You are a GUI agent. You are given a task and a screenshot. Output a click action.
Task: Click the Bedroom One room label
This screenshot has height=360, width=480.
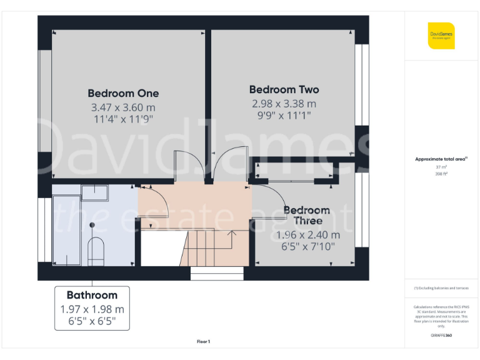pyautogui.click(x=123, y=93)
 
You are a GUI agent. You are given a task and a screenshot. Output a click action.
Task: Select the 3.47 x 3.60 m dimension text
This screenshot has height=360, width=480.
pyautogui.click(x=123, y=107)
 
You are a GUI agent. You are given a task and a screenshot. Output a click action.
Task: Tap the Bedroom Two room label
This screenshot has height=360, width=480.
pyautogui.click(x=284, y=89)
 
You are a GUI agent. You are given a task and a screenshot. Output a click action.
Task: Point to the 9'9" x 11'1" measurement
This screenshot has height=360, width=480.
pyautogui.click(x=284, y=116)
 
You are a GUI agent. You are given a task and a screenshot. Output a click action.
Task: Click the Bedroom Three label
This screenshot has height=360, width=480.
pyautogui.click(x=307, y=215)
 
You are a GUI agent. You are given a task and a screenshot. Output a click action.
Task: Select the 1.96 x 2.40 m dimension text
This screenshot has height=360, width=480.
pyautogui.click(x=307, y=235)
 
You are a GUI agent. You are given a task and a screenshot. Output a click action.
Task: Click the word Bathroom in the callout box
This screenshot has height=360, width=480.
pyautogui.click(x=92, y=295)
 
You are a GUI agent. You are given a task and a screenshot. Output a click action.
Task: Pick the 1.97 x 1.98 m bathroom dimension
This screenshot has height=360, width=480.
pyautogui.click(x=92, y=309)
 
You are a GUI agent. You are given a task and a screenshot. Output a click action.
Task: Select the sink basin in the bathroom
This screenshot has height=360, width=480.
pyautogui.click(x=95, y=193)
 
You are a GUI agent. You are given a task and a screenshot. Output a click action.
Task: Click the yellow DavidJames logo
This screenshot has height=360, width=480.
pyautogui.click(x=441, y=35)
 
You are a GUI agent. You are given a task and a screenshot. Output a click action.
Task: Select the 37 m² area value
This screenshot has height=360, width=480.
pyautogui.click(x=441, y=167)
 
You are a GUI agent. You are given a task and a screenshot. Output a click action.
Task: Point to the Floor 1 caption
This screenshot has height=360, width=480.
pyautogui.click(x=203, y=341)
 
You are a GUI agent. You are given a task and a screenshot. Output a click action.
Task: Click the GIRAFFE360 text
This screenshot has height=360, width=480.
pyautogui.click(x=441, y=336)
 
